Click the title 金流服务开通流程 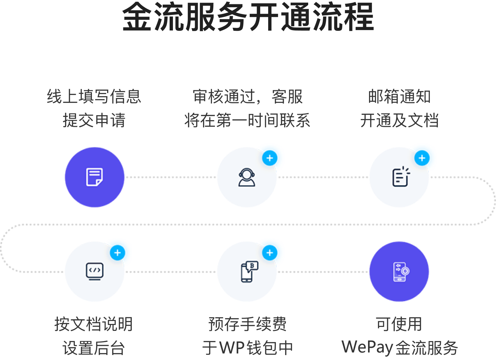(x=248, y=17)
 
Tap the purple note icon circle (x=95, y=177)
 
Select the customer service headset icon (x=247, y=177)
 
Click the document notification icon (x=399, y=177)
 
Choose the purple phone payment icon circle (x=399, y=271)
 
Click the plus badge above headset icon (x=270, y=158)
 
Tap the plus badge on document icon (x=422, y=158)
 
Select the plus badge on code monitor (x=117, y=253)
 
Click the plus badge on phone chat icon (x=270, y=253)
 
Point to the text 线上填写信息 (x=94, y=97)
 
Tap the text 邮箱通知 (x=399, y=97)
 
